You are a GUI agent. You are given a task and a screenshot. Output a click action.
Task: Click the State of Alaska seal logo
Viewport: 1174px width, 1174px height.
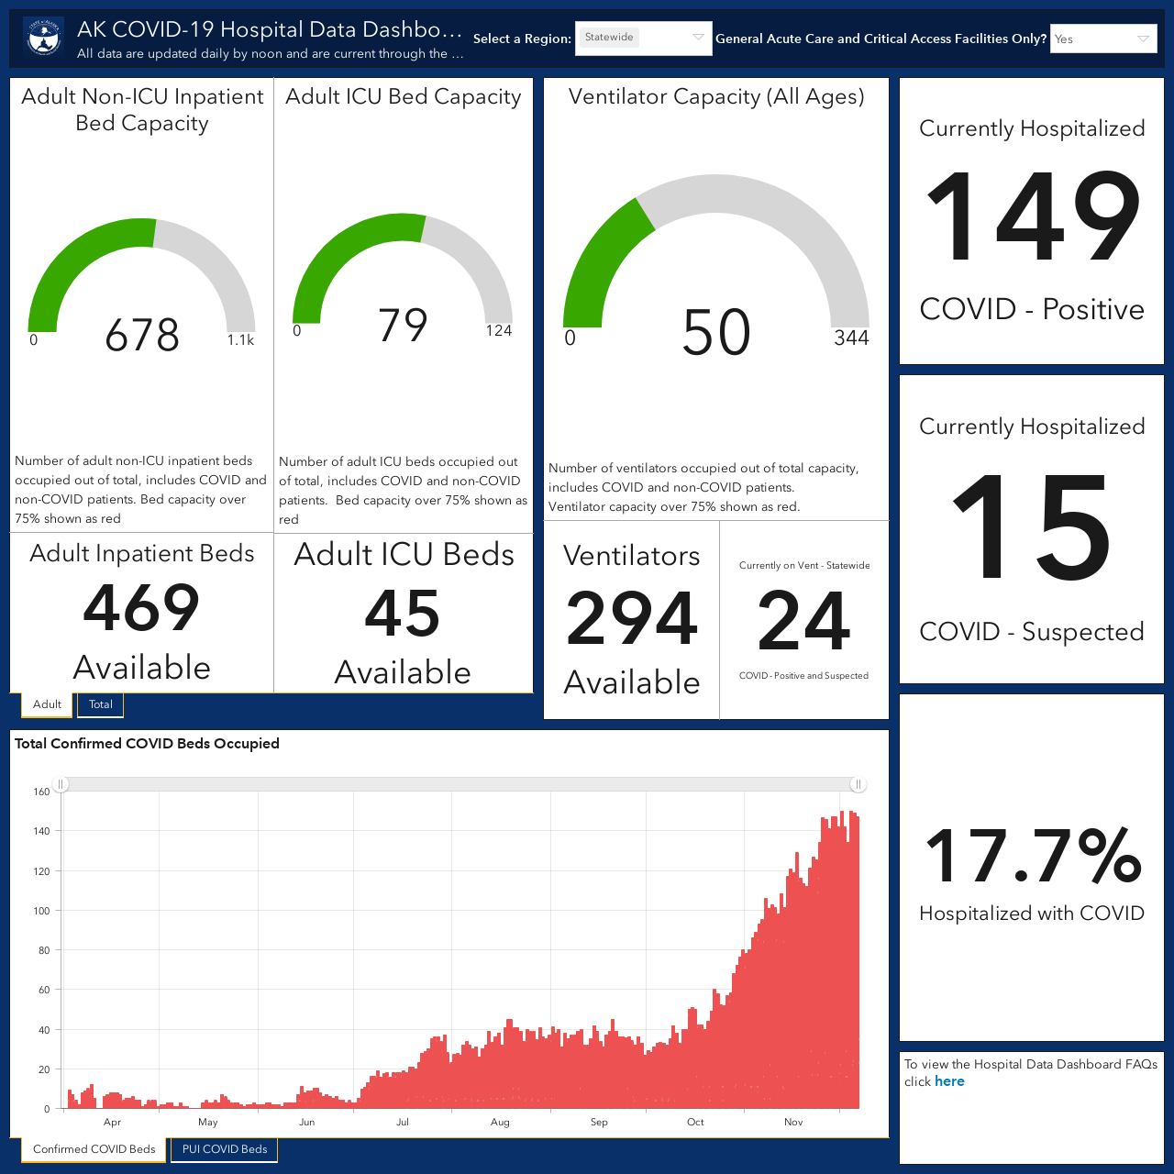click(44, 38)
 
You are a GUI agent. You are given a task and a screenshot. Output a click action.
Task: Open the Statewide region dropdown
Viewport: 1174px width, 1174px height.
click(643, 38)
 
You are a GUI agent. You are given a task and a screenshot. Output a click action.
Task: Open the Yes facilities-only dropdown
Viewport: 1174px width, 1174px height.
click(1103, 39)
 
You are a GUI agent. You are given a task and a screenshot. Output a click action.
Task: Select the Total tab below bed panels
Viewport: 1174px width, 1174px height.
click(101, 704)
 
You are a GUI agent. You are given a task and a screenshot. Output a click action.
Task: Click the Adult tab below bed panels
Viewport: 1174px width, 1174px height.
click(47, 704)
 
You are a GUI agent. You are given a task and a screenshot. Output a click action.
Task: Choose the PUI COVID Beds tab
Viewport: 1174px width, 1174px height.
click(224, 1149)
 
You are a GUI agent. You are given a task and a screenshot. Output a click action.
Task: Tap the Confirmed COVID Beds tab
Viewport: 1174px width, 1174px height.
click(94, 1149)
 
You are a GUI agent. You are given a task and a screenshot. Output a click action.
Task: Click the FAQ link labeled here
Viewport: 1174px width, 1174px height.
click(949, 1081)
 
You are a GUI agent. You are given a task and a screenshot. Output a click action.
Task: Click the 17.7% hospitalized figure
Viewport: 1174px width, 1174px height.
click(1032, 856)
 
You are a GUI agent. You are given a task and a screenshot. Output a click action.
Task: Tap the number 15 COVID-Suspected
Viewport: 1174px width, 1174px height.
click(1032, 526)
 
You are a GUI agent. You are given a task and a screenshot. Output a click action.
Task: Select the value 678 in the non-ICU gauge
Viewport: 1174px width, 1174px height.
click(142, 335)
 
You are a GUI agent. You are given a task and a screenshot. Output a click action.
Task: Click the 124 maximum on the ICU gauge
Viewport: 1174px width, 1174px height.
click(498, 331)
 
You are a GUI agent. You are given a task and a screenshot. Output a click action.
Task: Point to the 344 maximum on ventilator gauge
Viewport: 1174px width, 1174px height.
click(851, 338)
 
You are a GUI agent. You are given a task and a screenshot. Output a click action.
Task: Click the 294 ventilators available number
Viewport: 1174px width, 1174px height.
click(632, 618)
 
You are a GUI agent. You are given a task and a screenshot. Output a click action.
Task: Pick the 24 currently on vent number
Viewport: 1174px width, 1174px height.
click(803, 621)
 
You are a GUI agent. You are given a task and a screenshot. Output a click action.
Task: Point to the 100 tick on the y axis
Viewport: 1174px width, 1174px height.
click(41, 911)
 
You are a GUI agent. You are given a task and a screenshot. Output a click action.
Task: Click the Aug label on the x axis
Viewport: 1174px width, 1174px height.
click(500, 1122)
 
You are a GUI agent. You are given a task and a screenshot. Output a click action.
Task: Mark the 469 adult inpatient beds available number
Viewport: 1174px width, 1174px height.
click(141, 607)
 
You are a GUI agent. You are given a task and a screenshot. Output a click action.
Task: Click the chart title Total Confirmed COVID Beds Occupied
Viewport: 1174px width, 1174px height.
click(147, 743)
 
